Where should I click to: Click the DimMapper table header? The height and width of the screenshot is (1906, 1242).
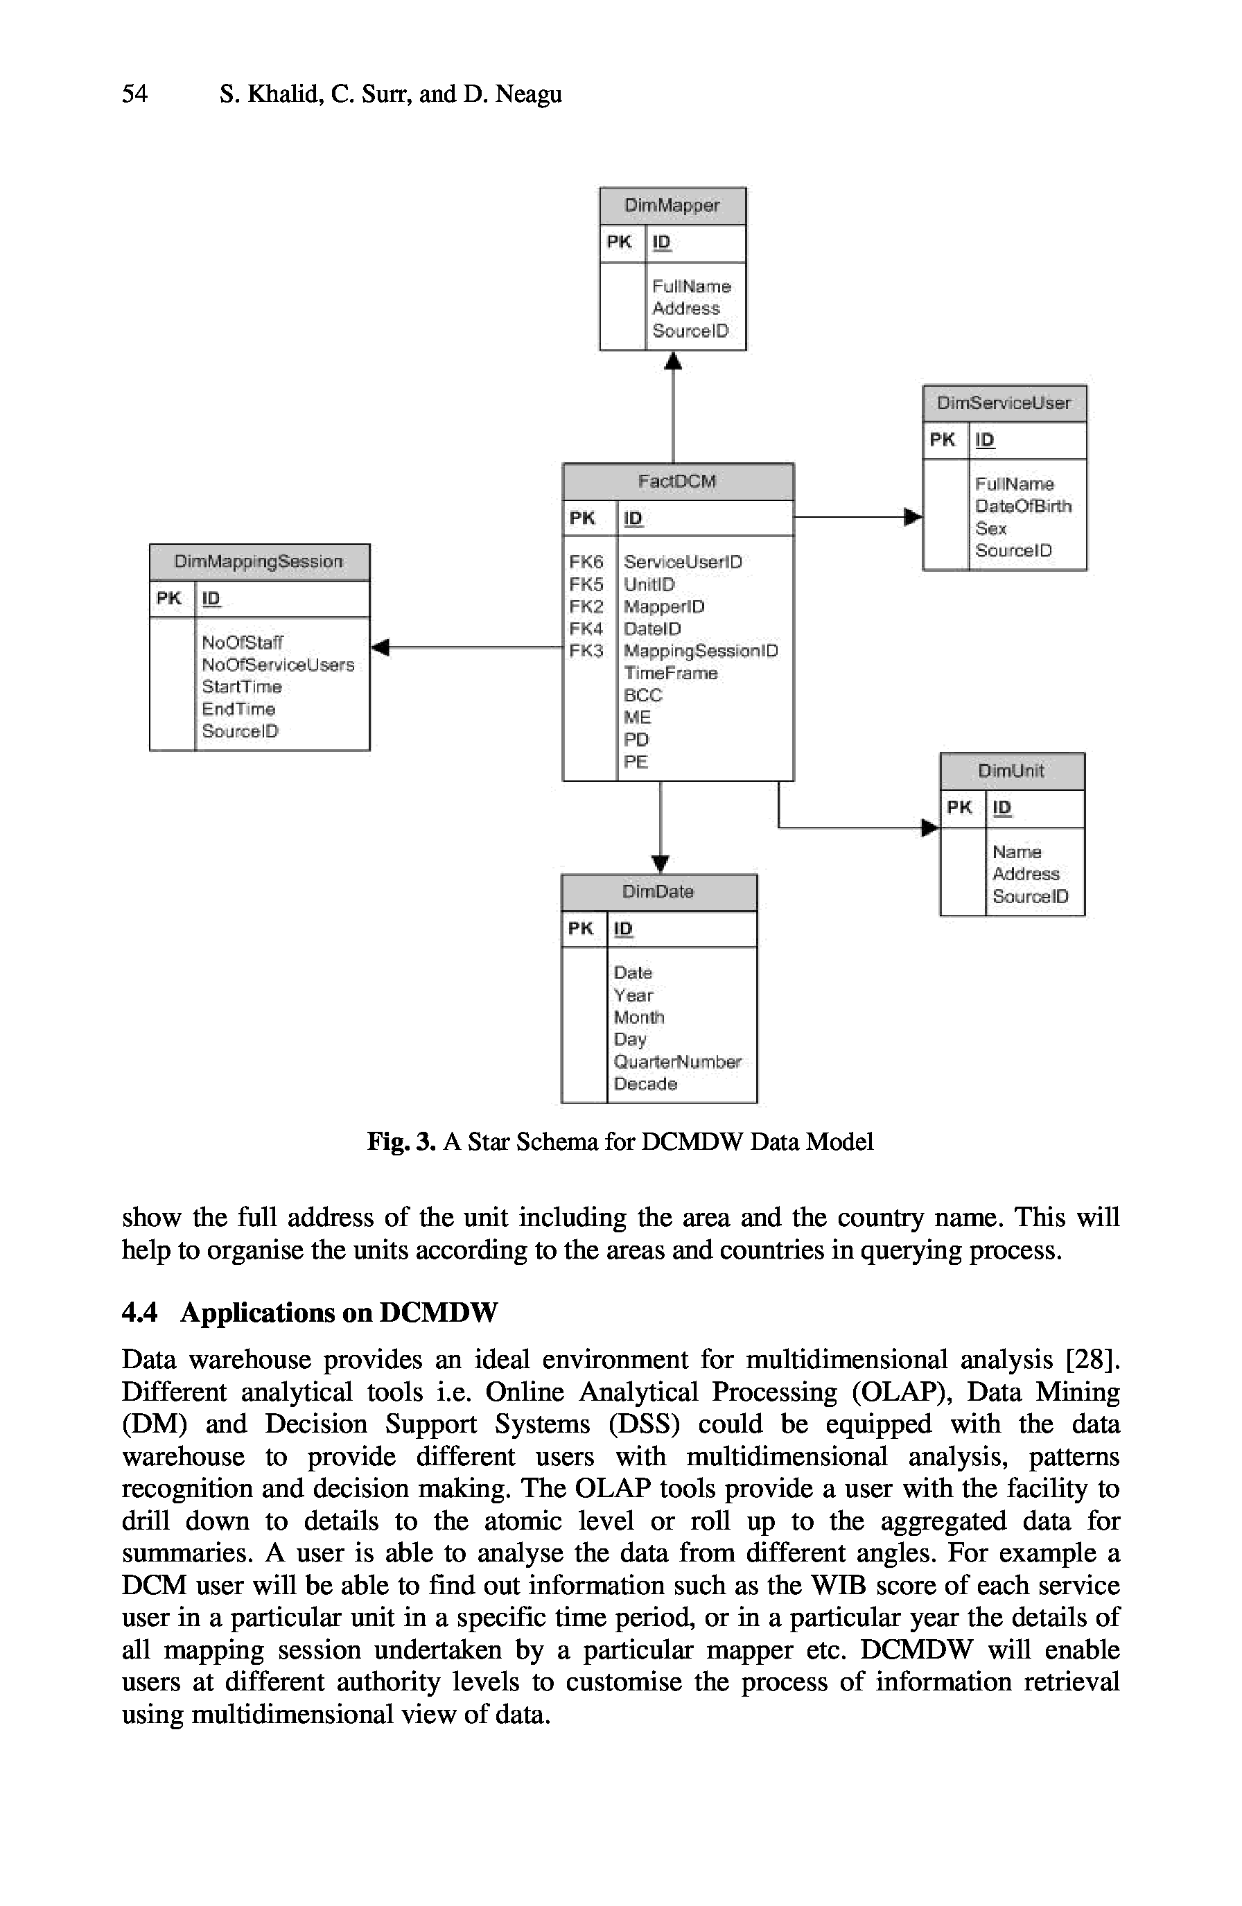coord(672,206)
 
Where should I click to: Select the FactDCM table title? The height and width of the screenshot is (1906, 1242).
coord(676,481)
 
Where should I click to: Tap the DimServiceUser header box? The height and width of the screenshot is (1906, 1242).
coord(1004,403)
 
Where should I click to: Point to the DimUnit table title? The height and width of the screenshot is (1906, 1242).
coord(1011,771)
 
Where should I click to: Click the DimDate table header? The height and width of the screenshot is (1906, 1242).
coord(658,892)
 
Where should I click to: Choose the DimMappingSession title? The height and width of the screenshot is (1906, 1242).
coord(259,561)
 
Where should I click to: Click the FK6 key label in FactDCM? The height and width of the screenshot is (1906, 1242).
coord(586,561)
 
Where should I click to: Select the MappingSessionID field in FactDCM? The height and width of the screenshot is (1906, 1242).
coord(701,650)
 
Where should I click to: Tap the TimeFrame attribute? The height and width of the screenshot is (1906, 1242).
coord(670,673)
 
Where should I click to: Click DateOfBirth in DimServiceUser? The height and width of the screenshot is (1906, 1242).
coord(1022,506)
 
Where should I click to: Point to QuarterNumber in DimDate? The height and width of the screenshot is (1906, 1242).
coord(676,1061)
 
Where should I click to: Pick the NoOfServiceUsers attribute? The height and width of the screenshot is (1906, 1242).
coord(278,665)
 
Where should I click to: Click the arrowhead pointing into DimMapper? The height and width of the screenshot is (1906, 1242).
coord(674,362)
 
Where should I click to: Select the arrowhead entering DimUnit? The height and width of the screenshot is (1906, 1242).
coord(929,828)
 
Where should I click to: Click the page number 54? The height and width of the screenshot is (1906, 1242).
coord(134,94)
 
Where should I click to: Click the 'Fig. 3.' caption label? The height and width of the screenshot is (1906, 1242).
coord(401,1142)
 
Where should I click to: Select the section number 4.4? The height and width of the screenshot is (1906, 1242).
coord(139,1313)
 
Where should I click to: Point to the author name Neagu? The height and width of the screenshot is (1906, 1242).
coord(529,94)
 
